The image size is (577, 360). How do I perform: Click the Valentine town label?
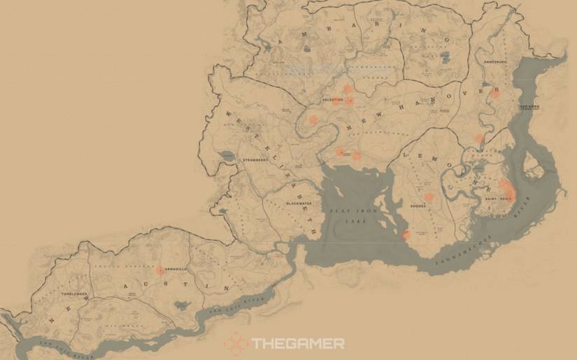click(332, 100)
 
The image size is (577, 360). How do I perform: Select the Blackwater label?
click(297, 203)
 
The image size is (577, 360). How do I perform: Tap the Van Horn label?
click(529, 106)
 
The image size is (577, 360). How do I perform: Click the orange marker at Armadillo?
click(159, 270)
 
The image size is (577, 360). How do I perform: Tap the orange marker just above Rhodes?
click(429, 197)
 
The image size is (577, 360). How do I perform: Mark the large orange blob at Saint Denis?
click(506, 189)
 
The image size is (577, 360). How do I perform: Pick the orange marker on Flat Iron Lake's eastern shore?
click(406, 235)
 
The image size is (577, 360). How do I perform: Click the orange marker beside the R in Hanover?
click(496, 92)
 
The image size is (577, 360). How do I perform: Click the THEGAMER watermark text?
click(298, 343)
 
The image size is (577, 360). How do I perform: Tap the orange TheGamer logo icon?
click(236, 343)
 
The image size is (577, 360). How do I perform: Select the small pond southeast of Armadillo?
click(183, 305)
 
